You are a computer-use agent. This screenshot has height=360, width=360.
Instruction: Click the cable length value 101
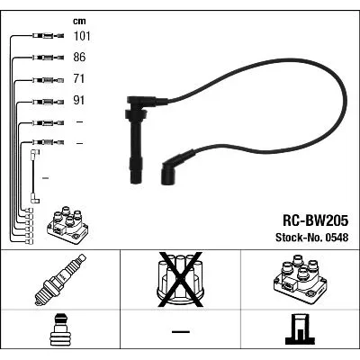click(x=82, y=36)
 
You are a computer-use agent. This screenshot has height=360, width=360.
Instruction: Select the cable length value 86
click(x=79, y=57)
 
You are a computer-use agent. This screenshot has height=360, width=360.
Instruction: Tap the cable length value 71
click(x=79, y=79)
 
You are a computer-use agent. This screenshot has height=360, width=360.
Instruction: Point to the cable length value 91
click(x=79, y=100)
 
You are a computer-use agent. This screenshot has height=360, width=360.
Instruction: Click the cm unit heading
click(x=79, y=21)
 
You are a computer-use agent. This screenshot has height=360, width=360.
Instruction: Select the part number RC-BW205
click(x=315, y=220)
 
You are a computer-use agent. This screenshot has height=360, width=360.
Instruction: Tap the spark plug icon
click(x=60, y=280)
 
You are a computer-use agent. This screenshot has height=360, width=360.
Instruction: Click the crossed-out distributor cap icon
click(x=180, y=280)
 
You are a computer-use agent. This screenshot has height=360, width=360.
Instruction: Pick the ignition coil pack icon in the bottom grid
click(x=300, y=279)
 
